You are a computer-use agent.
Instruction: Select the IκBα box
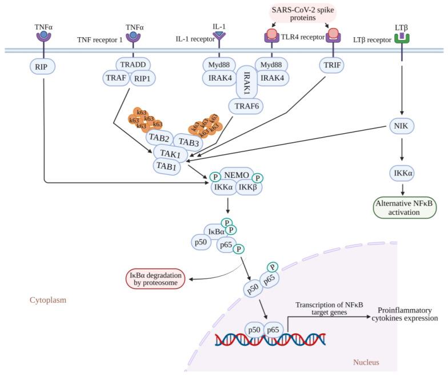pyautogui.click(x=217, y=232)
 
